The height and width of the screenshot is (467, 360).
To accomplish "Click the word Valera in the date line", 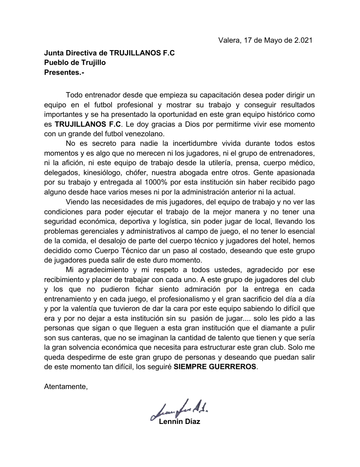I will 228,40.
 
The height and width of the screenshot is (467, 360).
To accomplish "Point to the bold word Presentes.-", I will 64,73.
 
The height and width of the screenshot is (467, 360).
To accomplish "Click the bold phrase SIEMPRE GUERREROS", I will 215,367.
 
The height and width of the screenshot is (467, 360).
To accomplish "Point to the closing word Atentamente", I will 66,387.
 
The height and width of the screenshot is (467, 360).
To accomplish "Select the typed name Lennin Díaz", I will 180,421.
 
